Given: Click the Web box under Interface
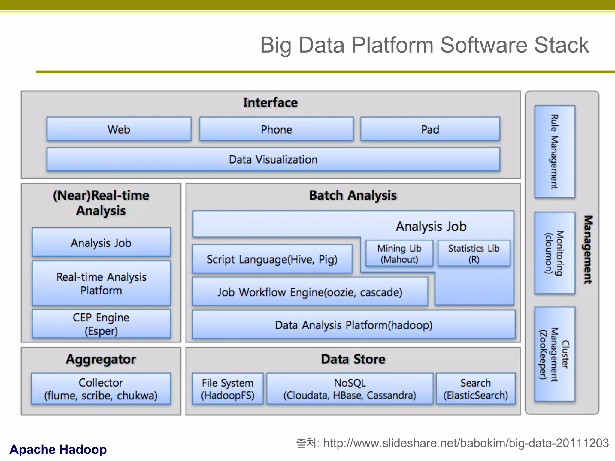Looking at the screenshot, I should tap(119, 129).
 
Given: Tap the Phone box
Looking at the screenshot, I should tap(276, 129).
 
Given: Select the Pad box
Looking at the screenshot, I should tap(430, 129).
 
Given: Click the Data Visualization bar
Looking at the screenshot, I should tap(273, 159).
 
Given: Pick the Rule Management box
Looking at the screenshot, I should tap(555, 152).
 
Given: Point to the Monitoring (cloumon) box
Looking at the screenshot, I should tap(555, 253).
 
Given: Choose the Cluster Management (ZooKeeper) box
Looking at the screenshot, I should tap(555, 354).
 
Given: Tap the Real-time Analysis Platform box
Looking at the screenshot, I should tap(101, 283).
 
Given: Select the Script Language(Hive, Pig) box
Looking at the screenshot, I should tap(272, 259).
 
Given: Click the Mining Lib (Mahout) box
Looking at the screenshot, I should tap(399, 253).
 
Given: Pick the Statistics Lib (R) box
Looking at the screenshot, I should tap(474, 253).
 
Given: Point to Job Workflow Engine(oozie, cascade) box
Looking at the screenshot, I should tap(310, 292).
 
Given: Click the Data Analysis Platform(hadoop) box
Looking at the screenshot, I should tap(354, 325).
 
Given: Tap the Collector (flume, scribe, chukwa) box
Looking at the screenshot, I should tap(101, 389).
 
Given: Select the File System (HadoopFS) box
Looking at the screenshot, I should tap(228, 389).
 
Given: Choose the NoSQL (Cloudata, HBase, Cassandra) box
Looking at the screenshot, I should tap(350, 389).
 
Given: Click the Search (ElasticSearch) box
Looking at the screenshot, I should tap(476, 389).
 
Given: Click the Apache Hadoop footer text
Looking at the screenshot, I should tap(58, 449).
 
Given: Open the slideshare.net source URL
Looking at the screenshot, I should tap(466, 443).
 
